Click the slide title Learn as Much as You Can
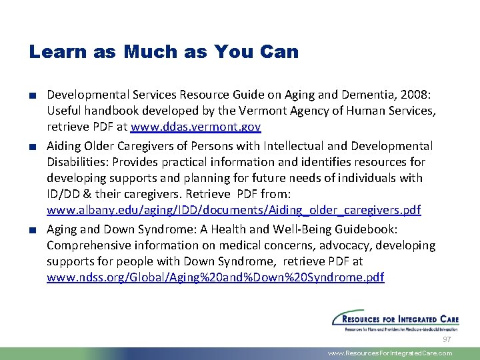click(x=163, y=51)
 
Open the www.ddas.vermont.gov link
click(x=195, y=127)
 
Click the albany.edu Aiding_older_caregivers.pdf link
click(x=233, y=210)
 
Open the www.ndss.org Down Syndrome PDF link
click(x=215, y=277)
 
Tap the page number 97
click(x=447, y=340)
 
